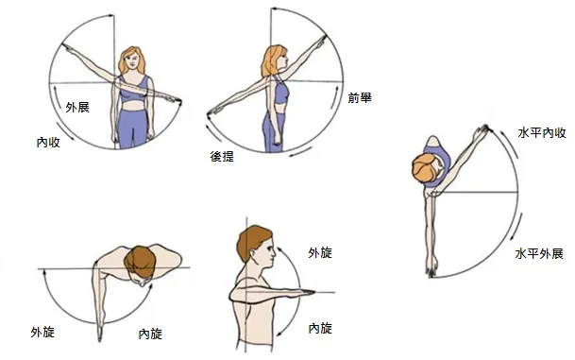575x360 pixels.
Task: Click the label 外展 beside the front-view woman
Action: pyautogui.click(x=77, y=107)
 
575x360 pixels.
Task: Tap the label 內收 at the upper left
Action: pyautogui.click(x=48, y=142)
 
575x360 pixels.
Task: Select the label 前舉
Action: pyautogui.click(x=360, y=97)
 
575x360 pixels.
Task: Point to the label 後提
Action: pyautogui.click(x=222, y=156)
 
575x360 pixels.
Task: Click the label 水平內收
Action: pyautogui.click(x=542, y=132)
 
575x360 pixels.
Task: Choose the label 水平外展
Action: pyautogui.click(x=539, y=253)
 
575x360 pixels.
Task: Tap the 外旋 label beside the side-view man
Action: pyautogui.click(x=320, y=252)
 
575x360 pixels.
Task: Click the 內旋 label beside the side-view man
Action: pyautogui.click(x=320, y=328)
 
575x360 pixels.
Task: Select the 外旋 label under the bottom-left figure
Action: pyautogui.click(x=42, y=332)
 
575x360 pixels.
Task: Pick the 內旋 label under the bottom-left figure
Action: pyautogui.click(x=150, y=334)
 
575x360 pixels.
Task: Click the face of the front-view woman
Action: pyautogui.click(x=132, y=62)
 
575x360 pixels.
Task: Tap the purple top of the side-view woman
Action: pyautogui.click(x=280, y=91)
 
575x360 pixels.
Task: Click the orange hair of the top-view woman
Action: pyautogui.click(x=424, y=167)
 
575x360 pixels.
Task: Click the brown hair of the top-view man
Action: pyautogui.click(x=140, y=262)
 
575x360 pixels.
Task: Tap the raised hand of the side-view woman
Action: pyautogui.click(x=321, y=40)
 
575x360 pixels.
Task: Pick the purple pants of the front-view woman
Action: pyautogui.click(x=133, y=128)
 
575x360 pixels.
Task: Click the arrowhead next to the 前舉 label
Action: pyautogui.click(x=338, y=89)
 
